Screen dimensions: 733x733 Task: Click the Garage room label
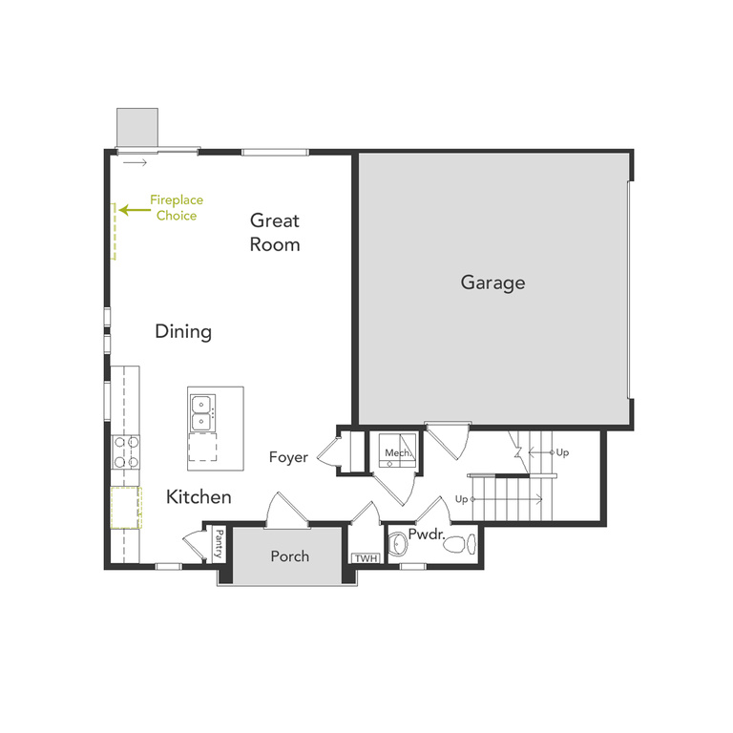pos(492,283)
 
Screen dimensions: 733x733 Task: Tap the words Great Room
pos(275,232)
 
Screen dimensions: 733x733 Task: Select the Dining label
pos(183,332)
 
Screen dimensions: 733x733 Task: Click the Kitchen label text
pos(199,497)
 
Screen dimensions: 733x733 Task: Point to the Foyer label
pos(288,457)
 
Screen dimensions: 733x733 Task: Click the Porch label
pos(289,555)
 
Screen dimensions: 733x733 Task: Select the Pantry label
pos(219,544)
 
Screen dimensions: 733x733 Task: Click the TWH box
pos(365,559)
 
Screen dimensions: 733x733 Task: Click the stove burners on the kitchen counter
pos(126,451)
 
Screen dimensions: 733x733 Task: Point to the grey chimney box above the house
pos(136,128)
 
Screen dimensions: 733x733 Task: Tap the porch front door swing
pos(286,511)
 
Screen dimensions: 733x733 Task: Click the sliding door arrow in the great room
pos(136,163)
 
